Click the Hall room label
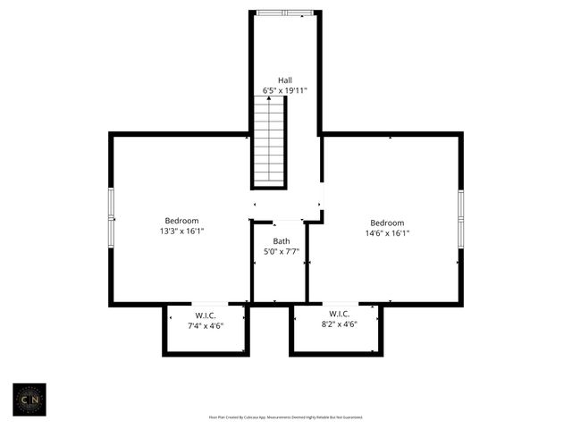tap(285, 80)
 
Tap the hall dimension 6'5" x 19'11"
tap(285, 90)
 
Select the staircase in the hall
tap(269, 142)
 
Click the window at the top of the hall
tap(285, 13)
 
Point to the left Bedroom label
tap(181, 221)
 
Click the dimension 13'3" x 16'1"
tap(181, 231)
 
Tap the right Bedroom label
tap(387, 223)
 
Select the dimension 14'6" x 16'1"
tap(387, 233)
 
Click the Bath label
tap(282, 241)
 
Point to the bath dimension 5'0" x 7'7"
tap(282, 252)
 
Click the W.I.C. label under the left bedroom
tap(206, 315)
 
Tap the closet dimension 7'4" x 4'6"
tap(206, 325)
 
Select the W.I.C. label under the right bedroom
tap(339, 314)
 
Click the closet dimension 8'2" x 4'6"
tap(339, 324)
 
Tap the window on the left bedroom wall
tap(111, 217)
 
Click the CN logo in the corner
tap(29, 400)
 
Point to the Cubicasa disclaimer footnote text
tap(285, 416)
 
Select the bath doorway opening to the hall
tap(288, 221)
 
